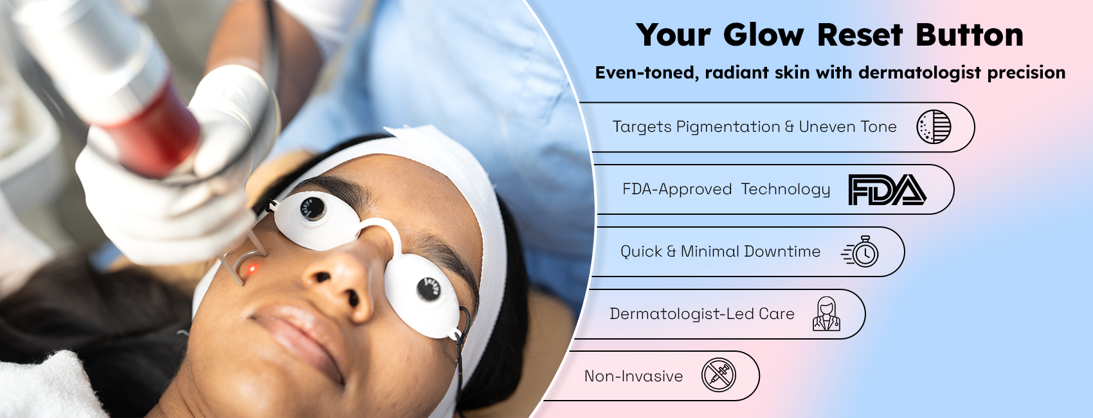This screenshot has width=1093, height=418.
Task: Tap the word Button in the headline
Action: click(x=970, y=35)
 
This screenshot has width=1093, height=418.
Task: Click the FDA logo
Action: click(x=887, y=190)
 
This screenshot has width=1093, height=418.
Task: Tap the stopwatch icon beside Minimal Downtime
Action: click(x=860, y=251)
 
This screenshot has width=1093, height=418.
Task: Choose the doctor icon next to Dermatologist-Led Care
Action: click(x=826, y=314)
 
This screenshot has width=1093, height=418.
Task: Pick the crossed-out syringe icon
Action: click(x=719, y=375)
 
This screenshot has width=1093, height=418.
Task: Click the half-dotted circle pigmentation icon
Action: click(x=934, y=127)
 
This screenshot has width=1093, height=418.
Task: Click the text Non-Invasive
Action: click(x=633, y=376)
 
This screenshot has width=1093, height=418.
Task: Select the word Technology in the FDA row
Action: click(x=785, y=190)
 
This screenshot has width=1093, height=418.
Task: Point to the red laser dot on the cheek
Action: click(x=252, y=269)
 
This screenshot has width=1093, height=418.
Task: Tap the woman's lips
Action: click(x=300, y=337)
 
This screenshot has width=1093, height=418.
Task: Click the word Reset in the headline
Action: click(x=860, y=35)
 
